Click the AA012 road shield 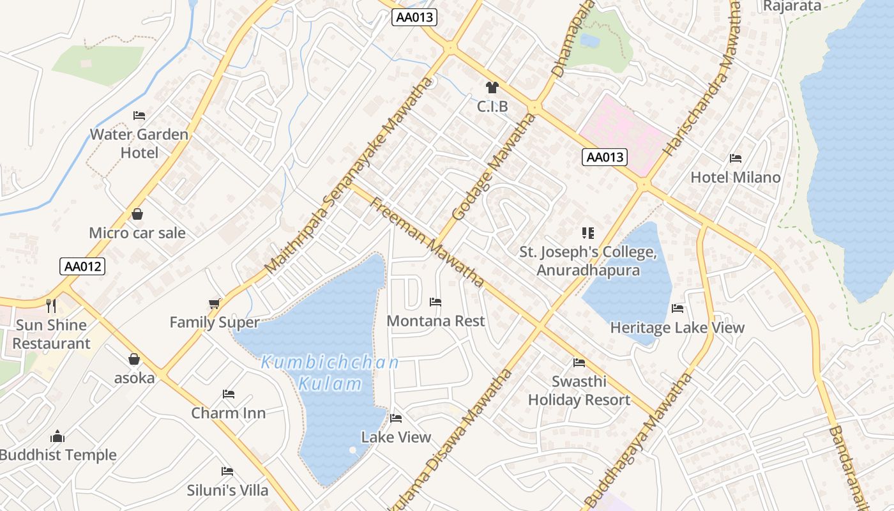82,266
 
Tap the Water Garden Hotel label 139,143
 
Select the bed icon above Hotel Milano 736,158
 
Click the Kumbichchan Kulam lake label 330,373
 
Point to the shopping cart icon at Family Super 215,303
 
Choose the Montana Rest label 436,321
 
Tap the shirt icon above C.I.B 492,88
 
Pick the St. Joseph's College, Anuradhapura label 588,261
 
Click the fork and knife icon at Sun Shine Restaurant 51,306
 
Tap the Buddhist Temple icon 57,437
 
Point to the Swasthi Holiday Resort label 579,390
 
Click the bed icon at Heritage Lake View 678,309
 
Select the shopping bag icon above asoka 134,360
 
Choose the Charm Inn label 229,413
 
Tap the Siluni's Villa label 228,491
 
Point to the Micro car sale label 137,233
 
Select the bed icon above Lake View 396,419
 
